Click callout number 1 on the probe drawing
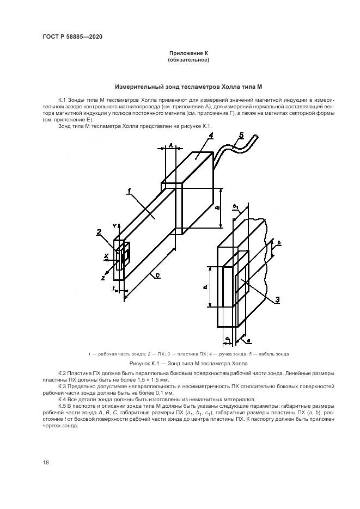click(130, 191)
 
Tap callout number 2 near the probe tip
click(99, 232)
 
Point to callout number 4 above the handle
click(211, 136)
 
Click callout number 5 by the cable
click(241, 136)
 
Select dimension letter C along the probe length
click(157, 276)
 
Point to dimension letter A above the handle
click(170, 146)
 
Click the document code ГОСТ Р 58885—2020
click(72, 37)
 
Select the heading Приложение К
click(188, 53)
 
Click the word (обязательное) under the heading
click(188, 60)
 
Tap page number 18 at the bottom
click(46, 462)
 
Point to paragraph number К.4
click(62, 398)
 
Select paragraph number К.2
click(62, 373)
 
